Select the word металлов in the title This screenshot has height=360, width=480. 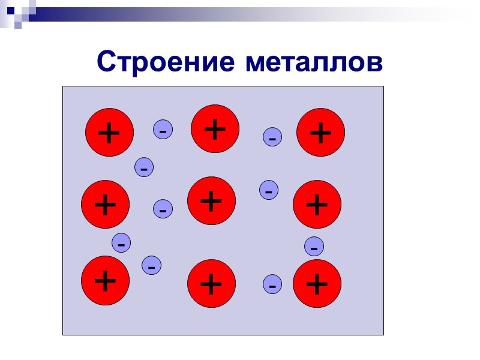click(313, 62)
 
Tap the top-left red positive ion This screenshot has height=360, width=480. click(109, 132)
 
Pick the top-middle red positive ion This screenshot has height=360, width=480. click(215, 129)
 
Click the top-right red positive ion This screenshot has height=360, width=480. click(321, 133)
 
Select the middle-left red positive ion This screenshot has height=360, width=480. click(106, 205)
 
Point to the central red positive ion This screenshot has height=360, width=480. click(211, 200)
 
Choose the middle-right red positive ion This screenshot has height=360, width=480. click(317, 205)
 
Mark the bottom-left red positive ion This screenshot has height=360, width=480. click(106, 280)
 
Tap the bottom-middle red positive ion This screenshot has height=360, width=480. click(211, 283)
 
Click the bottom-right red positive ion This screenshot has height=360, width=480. click(317, 283)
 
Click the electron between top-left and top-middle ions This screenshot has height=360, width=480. click(163, 129)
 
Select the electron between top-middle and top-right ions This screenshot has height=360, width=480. click(272, 137)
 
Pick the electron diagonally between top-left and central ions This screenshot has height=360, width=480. click(144, 167)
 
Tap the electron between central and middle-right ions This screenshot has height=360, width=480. click(269, 190)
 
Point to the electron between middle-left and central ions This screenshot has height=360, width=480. click(163, 209)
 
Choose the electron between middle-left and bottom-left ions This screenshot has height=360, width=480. click(121, 243)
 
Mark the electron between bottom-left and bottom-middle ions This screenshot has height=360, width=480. click(151, 265)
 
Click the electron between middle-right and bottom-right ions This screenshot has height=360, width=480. click(314, 246)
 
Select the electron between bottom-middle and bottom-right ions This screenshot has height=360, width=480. click(272, 284)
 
